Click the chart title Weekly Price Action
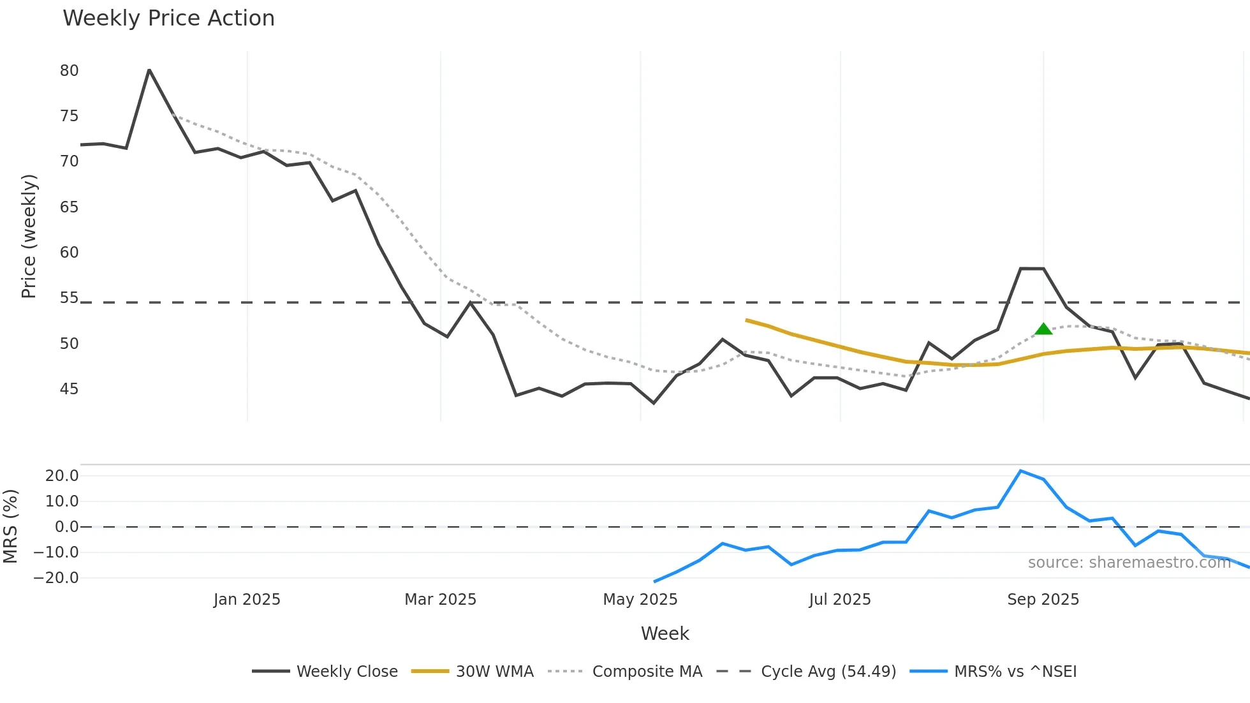coord(168,18)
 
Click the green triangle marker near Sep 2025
coord(1043,329)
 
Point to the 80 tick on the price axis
coord(69,71)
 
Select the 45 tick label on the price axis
coord(69,389)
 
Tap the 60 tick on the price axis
coord(69,253)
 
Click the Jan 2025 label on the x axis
coord(247,600)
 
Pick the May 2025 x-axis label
coord(640,600)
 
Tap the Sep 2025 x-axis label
coord(1043,600)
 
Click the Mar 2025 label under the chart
coord(440,600)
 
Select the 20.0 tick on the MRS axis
coord(62,476)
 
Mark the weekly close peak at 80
coord(149,70)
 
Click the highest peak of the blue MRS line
coord(1020,471)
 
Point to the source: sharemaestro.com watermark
coord(1129,563)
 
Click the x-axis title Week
coord(665,633)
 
